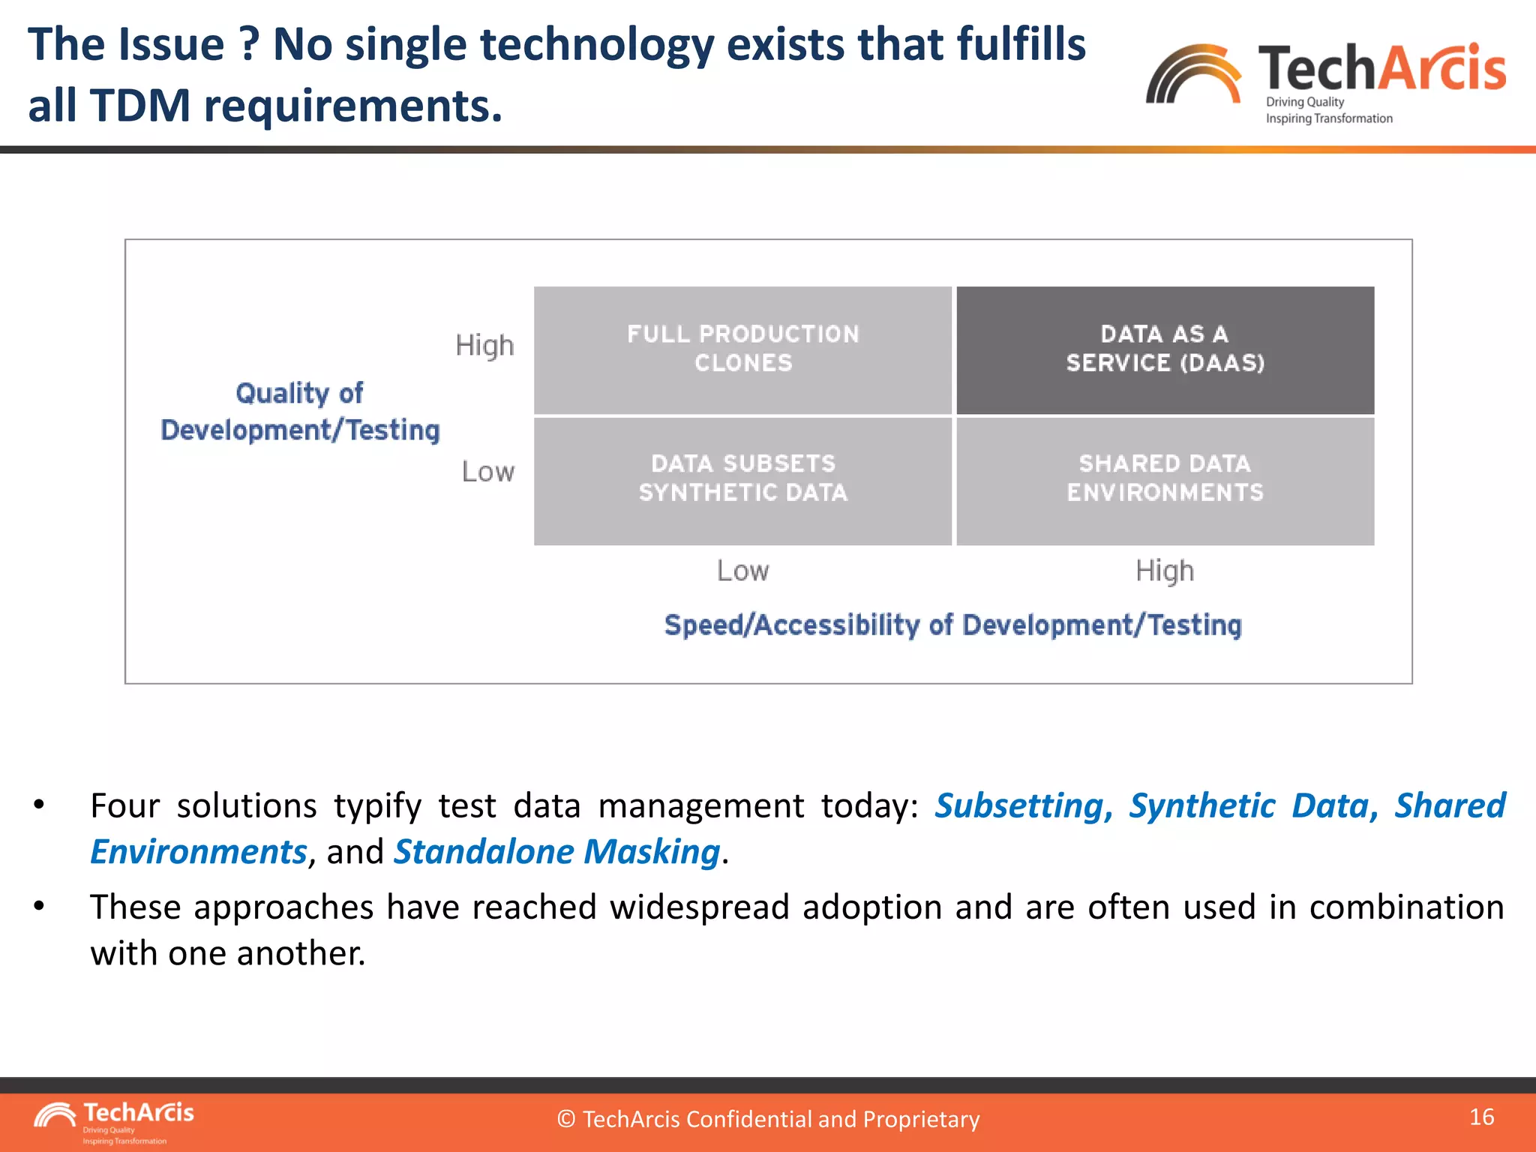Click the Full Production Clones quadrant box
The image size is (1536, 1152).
tap(742, 349)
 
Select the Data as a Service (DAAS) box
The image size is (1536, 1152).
tap(1165, 349)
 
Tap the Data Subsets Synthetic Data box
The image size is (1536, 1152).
tap(742, 480)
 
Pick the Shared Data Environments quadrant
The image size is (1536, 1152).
tap(1165, 480)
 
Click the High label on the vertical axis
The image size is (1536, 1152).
tap(484, 346)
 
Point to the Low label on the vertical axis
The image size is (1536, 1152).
tap(487, 472)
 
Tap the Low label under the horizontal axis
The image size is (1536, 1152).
tap(742, 571)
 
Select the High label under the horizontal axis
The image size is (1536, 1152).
tap(1164, 571)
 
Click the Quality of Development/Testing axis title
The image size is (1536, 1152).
tap(300, 412)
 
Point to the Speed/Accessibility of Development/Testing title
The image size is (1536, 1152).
tap(952, 625)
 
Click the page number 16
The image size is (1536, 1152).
tap(1481, 1117)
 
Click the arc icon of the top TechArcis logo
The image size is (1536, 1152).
tap(1192, 75)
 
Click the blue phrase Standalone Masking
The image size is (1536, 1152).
tap(556, 853)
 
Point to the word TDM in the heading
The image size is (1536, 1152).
tap(140, 105)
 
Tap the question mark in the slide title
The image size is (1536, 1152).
tap(249, 45)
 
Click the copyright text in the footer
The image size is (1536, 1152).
tap(768, 1119)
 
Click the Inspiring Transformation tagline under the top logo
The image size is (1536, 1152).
tap(1328, 118)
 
